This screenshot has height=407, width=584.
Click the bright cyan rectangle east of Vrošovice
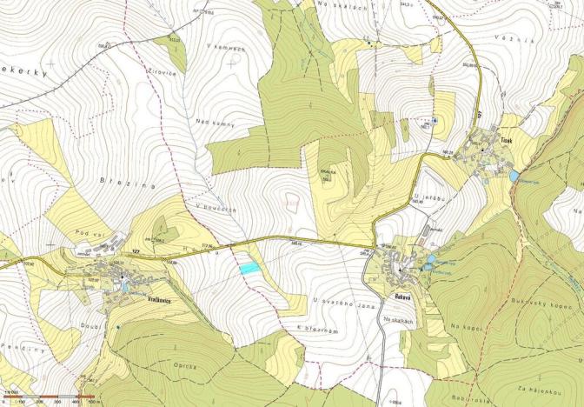point(249,270)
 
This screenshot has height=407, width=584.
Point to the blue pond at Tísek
point(514,176)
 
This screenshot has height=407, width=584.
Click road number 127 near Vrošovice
point(135,252)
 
